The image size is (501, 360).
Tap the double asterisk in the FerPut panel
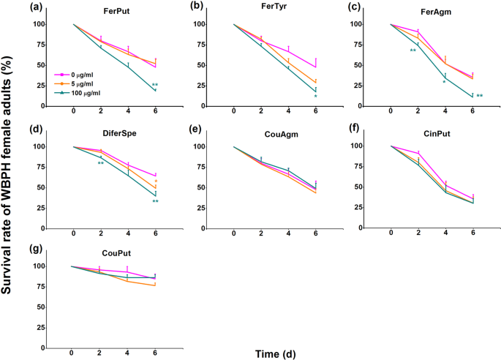[x=155, y=86]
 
